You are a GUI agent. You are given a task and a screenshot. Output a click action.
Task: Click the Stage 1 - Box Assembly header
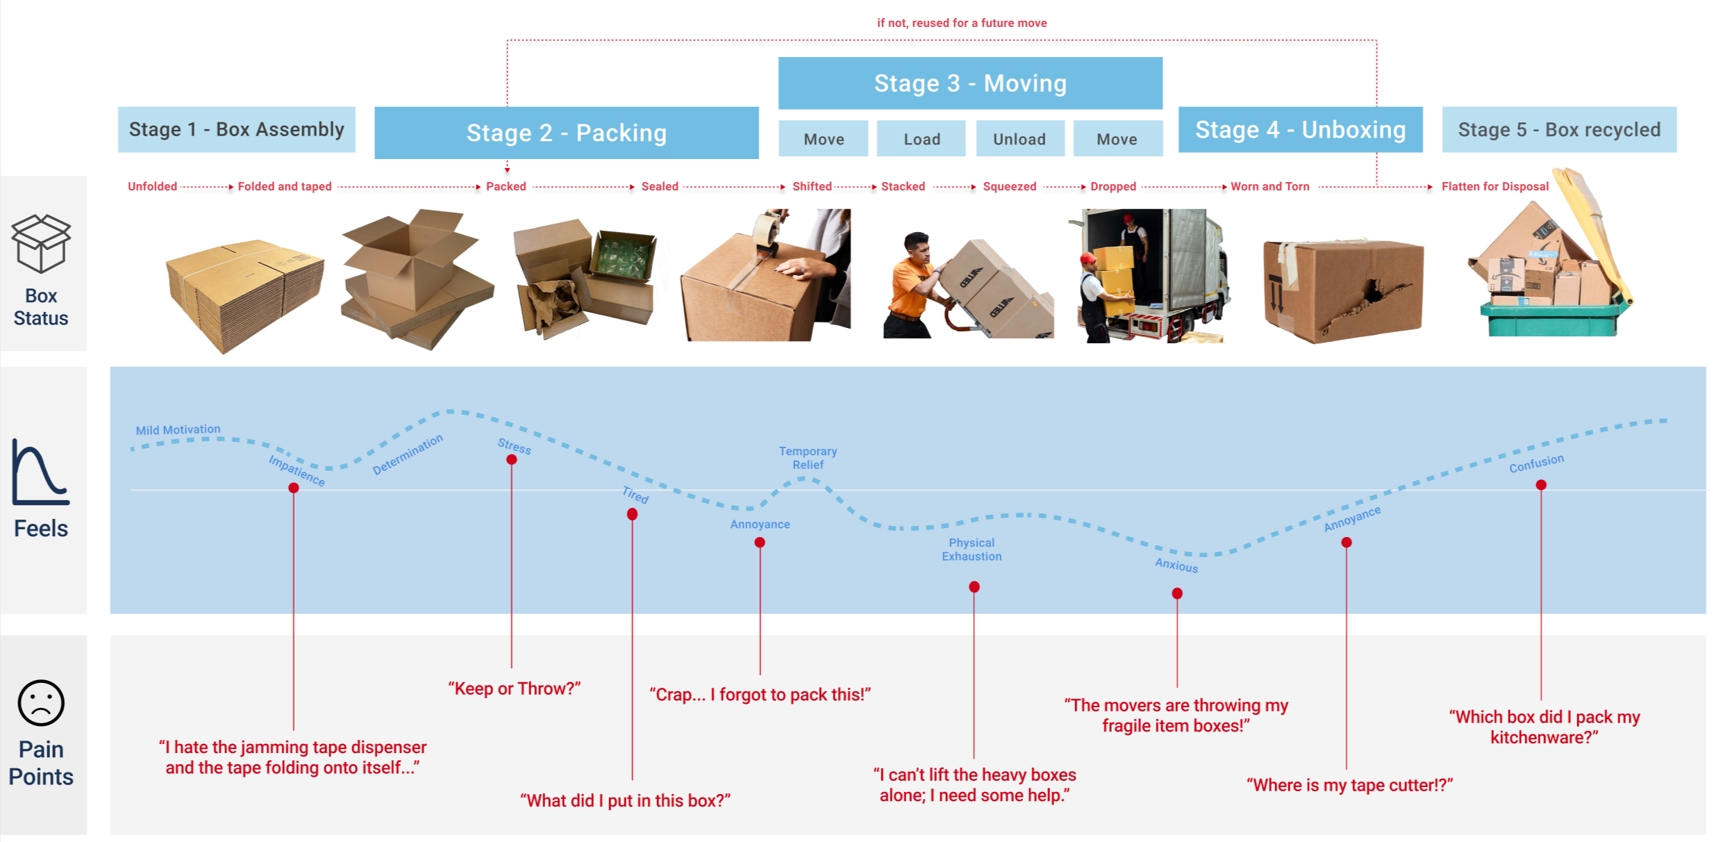[236, 129]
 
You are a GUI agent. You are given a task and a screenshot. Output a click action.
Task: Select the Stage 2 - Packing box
[566, 133]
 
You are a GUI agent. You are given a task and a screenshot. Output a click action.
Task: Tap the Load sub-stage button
[921, 139]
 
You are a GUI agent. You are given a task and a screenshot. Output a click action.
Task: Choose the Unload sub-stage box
[1019, 139]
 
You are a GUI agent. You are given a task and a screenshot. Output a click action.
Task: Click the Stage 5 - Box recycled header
[1558, 129]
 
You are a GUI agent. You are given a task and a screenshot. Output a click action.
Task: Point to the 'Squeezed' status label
[1009, 186]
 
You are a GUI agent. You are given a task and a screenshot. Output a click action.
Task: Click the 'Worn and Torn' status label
[1270, 186]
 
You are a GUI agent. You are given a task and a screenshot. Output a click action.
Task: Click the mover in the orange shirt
[913, 285]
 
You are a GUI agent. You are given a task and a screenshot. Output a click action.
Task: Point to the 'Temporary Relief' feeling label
[808, 458]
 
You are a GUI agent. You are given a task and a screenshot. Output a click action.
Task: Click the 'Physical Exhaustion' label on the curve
[971, 549]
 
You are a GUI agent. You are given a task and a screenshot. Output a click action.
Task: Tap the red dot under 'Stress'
[511, 460]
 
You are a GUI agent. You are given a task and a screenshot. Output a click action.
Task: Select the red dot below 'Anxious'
[1176, 593]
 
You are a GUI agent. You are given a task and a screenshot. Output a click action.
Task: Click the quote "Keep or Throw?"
[514, 688]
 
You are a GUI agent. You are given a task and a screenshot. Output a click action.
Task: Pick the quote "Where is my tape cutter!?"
[1349, 785]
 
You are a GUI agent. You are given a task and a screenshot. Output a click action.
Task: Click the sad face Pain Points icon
[41, 702]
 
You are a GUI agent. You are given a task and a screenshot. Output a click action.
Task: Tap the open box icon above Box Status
[41, 242]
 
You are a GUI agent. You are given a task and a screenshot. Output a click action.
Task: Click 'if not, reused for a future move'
[961, 23]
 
